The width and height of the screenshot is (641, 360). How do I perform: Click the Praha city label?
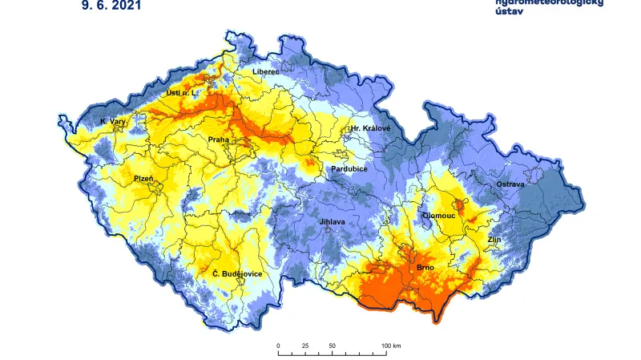219,140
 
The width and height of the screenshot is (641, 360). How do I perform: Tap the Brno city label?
425,266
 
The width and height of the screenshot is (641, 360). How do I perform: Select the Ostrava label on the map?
510,184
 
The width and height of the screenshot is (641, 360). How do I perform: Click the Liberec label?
266,71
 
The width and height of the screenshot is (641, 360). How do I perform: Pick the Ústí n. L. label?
181,93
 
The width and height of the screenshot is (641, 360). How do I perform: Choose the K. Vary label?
113,122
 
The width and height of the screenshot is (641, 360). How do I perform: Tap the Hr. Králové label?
370,128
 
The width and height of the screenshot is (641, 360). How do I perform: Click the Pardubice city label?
349,169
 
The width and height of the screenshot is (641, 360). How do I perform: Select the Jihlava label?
332,221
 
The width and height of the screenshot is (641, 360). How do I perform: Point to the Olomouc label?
439,215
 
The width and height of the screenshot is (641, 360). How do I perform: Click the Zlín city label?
494,239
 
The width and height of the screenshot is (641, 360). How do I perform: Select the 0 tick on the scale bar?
278,346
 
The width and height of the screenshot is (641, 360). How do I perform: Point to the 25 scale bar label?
305,346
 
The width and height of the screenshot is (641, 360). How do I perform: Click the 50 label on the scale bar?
332,346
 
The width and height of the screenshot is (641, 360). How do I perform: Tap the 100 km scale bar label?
391,346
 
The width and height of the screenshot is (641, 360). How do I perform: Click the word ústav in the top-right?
509,13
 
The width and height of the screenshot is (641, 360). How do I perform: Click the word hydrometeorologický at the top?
549,2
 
